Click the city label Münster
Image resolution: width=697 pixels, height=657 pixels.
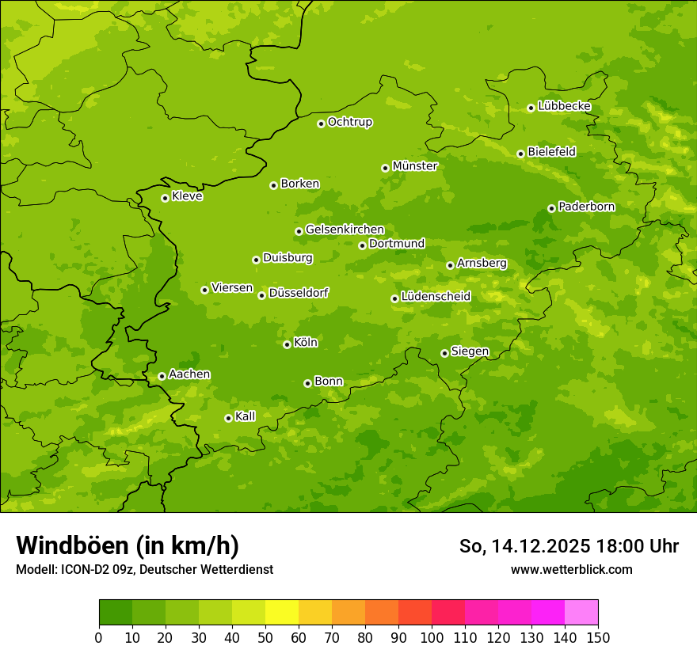(415, 166)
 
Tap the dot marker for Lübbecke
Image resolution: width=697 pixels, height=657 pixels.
(531, 108)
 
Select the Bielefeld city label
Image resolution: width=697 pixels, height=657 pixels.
(551, 152)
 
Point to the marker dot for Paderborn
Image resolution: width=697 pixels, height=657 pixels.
(551, 208)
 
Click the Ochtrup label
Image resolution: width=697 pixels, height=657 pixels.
(349, 122)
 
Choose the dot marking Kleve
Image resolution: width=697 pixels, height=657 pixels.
(165, 198)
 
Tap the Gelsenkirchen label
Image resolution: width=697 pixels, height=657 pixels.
(345, 230)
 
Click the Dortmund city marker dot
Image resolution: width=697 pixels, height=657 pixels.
(362, 245)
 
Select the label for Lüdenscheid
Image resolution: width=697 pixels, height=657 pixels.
(436, 297)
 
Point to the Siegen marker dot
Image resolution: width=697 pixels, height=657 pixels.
(444, 353)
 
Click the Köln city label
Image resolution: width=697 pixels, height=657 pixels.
(306, 343)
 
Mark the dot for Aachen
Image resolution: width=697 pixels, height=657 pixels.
(162, 376)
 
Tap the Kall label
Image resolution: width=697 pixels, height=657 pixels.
(246, 416)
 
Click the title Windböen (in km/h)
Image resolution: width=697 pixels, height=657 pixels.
(128, 545)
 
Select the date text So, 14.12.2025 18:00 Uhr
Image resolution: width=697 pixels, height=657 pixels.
(569, 546)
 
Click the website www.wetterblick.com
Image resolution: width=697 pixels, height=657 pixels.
(571, 569)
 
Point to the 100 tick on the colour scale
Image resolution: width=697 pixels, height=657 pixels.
(432, 637)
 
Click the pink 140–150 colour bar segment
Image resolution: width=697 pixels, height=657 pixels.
(581, 613)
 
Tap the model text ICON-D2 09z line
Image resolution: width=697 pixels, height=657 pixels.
(144, 569)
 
